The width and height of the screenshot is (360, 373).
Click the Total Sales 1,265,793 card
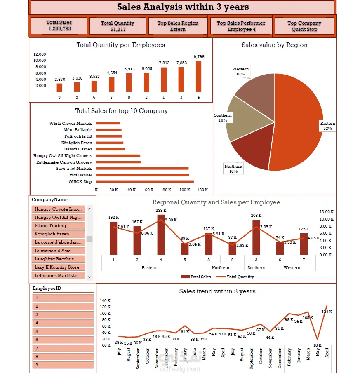(59, 26)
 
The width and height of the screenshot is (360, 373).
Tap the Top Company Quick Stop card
(304, 26)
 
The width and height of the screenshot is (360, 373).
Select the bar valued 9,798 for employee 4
(199, 77)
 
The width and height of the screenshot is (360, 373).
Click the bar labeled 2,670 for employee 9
(59, 88)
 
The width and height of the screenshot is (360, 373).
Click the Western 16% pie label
(240, 72)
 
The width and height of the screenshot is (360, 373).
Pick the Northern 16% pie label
(233, 169)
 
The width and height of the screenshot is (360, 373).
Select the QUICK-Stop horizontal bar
(144, 181)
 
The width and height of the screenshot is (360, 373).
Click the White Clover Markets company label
(71, 124)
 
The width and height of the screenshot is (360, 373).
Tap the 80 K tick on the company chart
(167, 190)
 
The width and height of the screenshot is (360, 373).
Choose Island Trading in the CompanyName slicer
(58, 226)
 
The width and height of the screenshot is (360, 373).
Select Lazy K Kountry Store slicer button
(58, 267)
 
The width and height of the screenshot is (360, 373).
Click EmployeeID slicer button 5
(63, 331)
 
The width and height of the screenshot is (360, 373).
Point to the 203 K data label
(256, 216)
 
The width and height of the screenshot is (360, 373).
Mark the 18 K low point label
(317, 345)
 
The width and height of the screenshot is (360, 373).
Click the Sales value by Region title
(274, 45)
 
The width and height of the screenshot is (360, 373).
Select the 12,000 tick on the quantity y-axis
(40, 54)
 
